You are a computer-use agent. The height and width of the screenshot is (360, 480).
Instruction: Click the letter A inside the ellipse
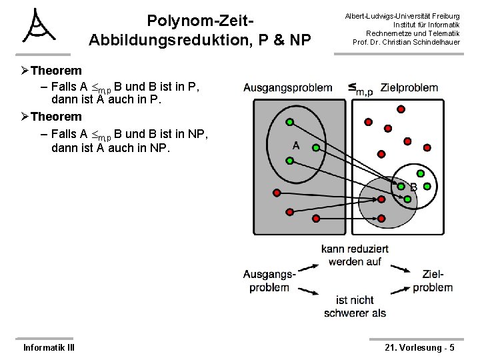pyautogui.click(x=295, y=145)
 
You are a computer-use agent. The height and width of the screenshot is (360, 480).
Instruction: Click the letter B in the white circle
pyautogui.click(x=413, y=187)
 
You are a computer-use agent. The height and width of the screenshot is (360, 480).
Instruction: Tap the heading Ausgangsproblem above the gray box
pyautogui.click(x=287, y=87)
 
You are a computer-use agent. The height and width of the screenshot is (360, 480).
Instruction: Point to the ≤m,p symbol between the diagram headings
pyautogui.click(x=359, y=89)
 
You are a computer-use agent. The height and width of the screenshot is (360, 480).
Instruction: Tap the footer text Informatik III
pyautogui.click(x=49, y=347)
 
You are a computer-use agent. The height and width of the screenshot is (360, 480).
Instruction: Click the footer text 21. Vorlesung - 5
pyautogui.click(x=420, y=347)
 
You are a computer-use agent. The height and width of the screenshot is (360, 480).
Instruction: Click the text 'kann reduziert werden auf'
pyautogui.click(x=355, y=255)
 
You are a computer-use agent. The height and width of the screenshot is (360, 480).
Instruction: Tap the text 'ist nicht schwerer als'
pyautogui.click(x=355, y=307)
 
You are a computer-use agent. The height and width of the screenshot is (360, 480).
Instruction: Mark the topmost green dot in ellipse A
pyautogui.click(x=290, y=122)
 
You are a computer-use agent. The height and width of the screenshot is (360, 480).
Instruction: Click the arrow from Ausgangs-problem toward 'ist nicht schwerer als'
pyautogui.click(x=306, y=291)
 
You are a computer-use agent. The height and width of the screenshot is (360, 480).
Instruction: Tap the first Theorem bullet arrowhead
pyautogui.click(x=25, y=71)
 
